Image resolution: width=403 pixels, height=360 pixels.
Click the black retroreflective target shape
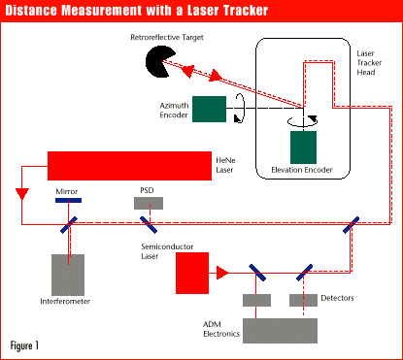(157, 61)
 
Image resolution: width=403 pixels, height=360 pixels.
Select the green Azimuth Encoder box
(209, 109)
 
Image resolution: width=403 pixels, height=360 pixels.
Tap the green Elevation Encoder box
(303, 147)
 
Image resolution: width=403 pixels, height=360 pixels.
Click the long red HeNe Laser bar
(129, 166)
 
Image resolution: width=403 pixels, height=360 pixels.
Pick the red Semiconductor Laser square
(192, 273)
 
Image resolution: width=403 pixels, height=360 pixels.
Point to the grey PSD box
(149, 203)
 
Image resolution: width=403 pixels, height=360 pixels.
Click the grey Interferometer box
(68, 275)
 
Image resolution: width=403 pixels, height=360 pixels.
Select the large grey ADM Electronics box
(280, 331)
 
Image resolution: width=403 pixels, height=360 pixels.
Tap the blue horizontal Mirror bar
(68, 201)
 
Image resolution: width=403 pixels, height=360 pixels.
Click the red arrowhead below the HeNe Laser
(22, 193)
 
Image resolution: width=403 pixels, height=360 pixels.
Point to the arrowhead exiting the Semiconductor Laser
(222, 273)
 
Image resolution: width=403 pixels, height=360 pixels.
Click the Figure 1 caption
(24, 345)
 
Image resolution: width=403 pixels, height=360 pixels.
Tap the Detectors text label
(337, 298)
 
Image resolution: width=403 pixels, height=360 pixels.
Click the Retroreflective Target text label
(167, 38)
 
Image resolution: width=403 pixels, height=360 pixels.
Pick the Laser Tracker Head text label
(369, 63)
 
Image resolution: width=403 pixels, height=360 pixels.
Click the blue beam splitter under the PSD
(149, 225)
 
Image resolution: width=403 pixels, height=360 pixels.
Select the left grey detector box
(256, 300)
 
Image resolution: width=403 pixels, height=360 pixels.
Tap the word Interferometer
(65, 302)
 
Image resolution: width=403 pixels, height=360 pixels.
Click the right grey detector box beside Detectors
(303, 300)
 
